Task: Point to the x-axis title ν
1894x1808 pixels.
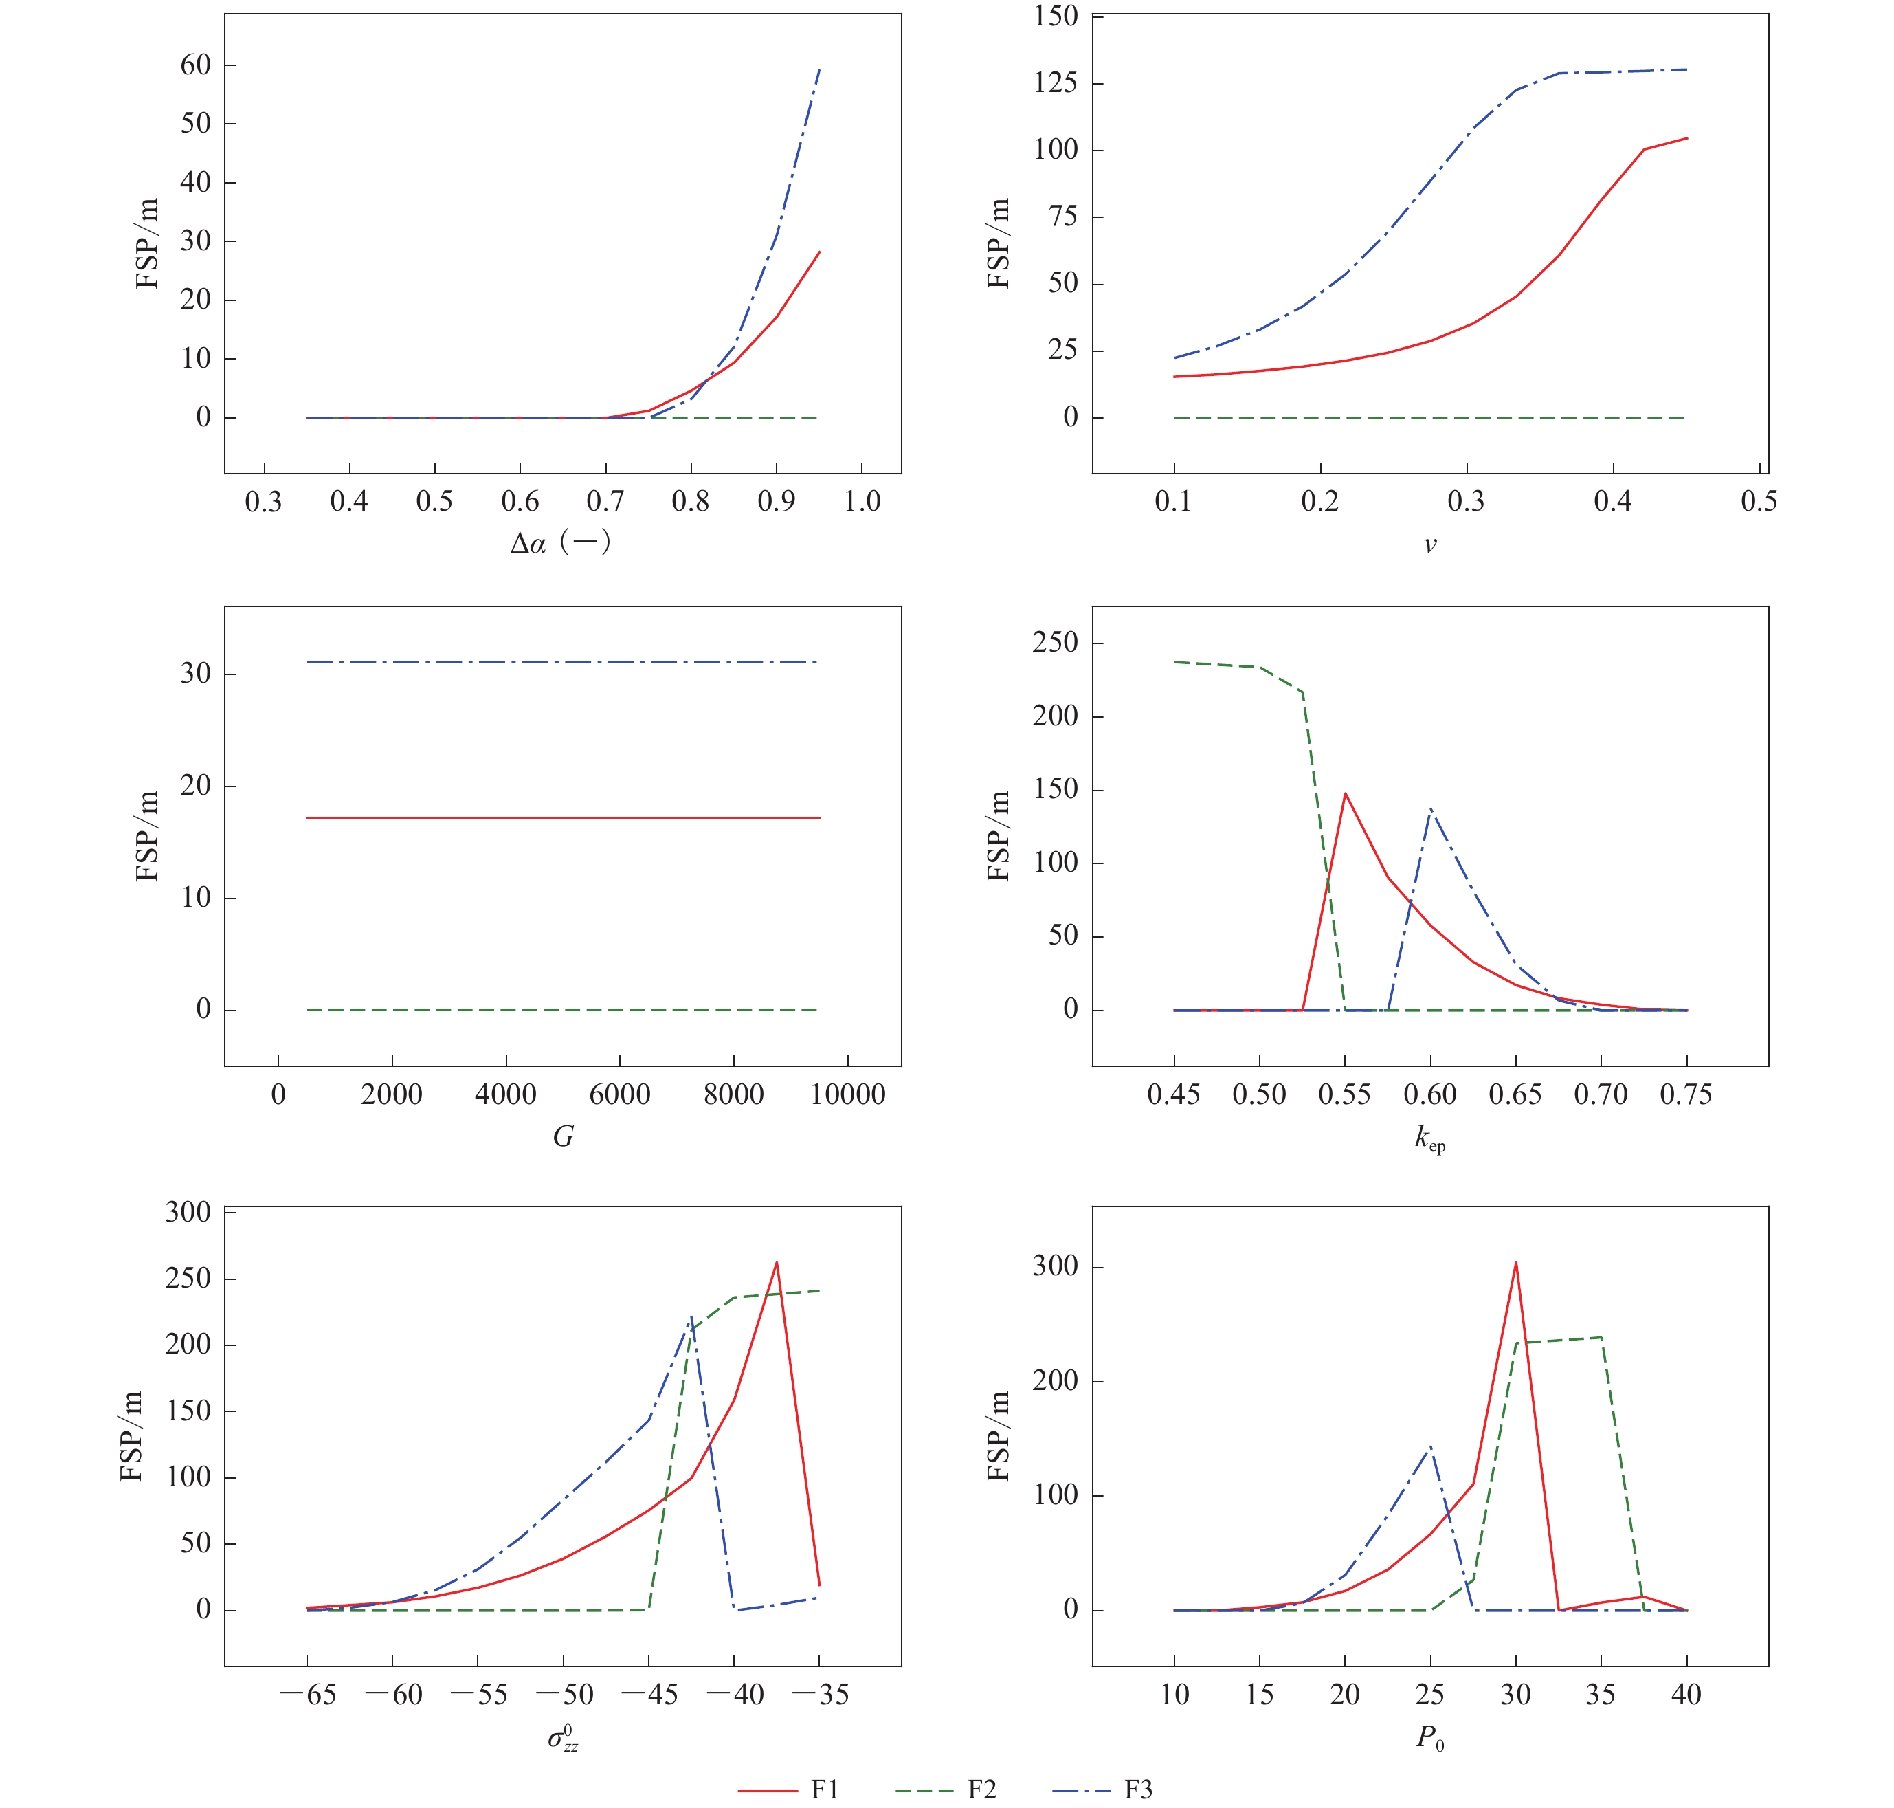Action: pos(1429,544)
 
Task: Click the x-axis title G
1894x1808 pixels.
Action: pos(563,1136)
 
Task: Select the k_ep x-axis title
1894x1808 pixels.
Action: pos(1429,1139)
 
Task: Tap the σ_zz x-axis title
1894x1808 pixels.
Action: pos(564,1738)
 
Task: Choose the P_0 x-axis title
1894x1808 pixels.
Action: pos(1429,1738)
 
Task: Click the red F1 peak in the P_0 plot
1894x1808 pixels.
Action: pos(1515,1263)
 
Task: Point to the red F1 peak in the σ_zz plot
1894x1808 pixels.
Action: pos(777,1263)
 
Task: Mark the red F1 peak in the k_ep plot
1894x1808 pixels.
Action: pos(1345,793)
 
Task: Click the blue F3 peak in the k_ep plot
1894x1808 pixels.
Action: pos(1431,808)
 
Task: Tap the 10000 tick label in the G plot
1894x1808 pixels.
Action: pos(848,1095)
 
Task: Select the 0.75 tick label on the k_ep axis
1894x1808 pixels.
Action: pos(1686,1095)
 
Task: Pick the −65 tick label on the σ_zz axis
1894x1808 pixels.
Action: pos(309,1695)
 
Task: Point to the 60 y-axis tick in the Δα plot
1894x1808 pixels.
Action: pos(196,65)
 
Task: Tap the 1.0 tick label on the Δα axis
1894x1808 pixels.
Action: pos(861,501)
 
